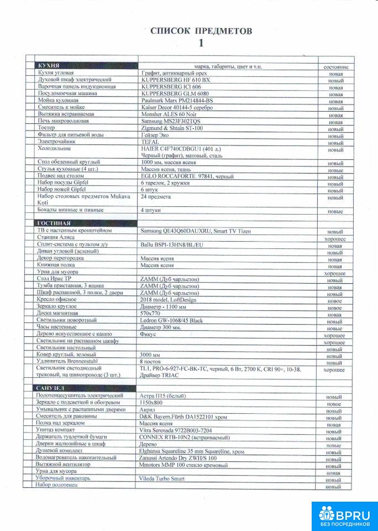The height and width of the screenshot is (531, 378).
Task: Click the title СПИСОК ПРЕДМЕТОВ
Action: click(x=201, y=31)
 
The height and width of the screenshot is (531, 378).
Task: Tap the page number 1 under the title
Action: click(x=201, y=43)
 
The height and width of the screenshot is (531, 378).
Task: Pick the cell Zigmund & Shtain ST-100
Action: click(x=172, y=128)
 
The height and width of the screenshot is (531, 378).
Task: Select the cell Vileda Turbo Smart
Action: click(x=162, y=478)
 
